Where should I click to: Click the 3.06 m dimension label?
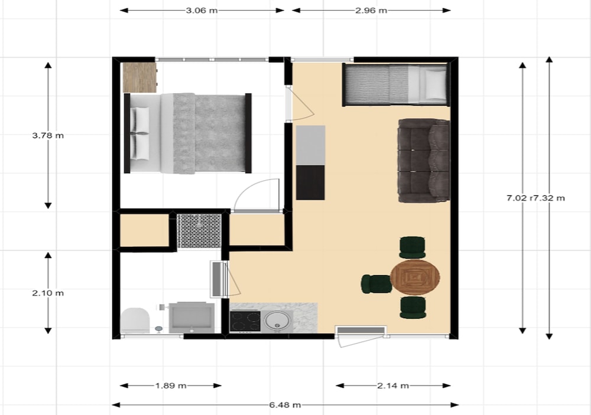[202, 11]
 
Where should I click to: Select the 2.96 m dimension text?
[371, 11]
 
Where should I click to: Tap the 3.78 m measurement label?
[48, 136]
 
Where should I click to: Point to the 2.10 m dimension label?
[48, 293]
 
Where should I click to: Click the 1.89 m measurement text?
[171, 385]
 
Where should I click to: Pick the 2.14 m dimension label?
[393, 385]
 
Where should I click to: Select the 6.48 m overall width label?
[285, 405]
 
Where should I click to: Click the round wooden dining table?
[415, 277]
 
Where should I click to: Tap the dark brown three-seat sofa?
[424, 161]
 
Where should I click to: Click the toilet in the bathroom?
[135, 320]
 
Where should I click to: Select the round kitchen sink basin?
[277, 321]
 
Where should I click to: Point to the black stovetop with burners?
[245, 321]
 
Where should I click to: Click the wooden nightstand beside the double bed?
[140, 77]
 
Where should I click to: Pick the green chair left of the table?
[376, 284]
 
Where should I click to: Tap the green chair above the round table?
[413, 247]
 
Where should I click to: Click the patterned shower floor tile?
[199, 231]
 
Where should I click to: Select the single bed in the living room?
[396, 84]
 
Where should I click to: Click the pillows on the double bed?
[140, 133]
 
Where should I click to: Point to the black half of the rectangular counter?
[310, 182]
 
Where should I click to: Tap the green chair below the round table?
[413, 308]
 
